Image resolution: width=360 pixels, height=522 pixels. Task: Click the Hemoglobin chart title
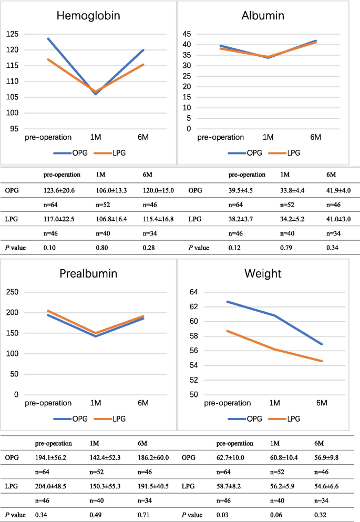pyautogui.click(x=88, y=16)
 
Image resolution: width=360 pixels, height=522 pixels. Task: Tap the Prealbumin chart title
pyautogui.click(x=88, y=273)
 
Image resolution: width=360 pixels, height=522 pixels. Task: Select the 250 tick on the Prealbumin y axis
pyautogui.click(x=12, y=292)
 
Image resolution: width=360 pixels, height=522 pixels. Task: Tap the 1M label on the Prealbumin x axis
pyautogui.click(x=96, y=403)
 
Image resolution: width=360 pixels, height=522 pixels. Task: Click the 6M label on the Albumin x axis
pyautogui.click(x=316, y=137)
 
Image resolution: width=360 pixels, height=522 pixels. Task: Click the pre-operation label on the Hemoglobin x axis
pyautogui.click(x=48, y=137)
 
